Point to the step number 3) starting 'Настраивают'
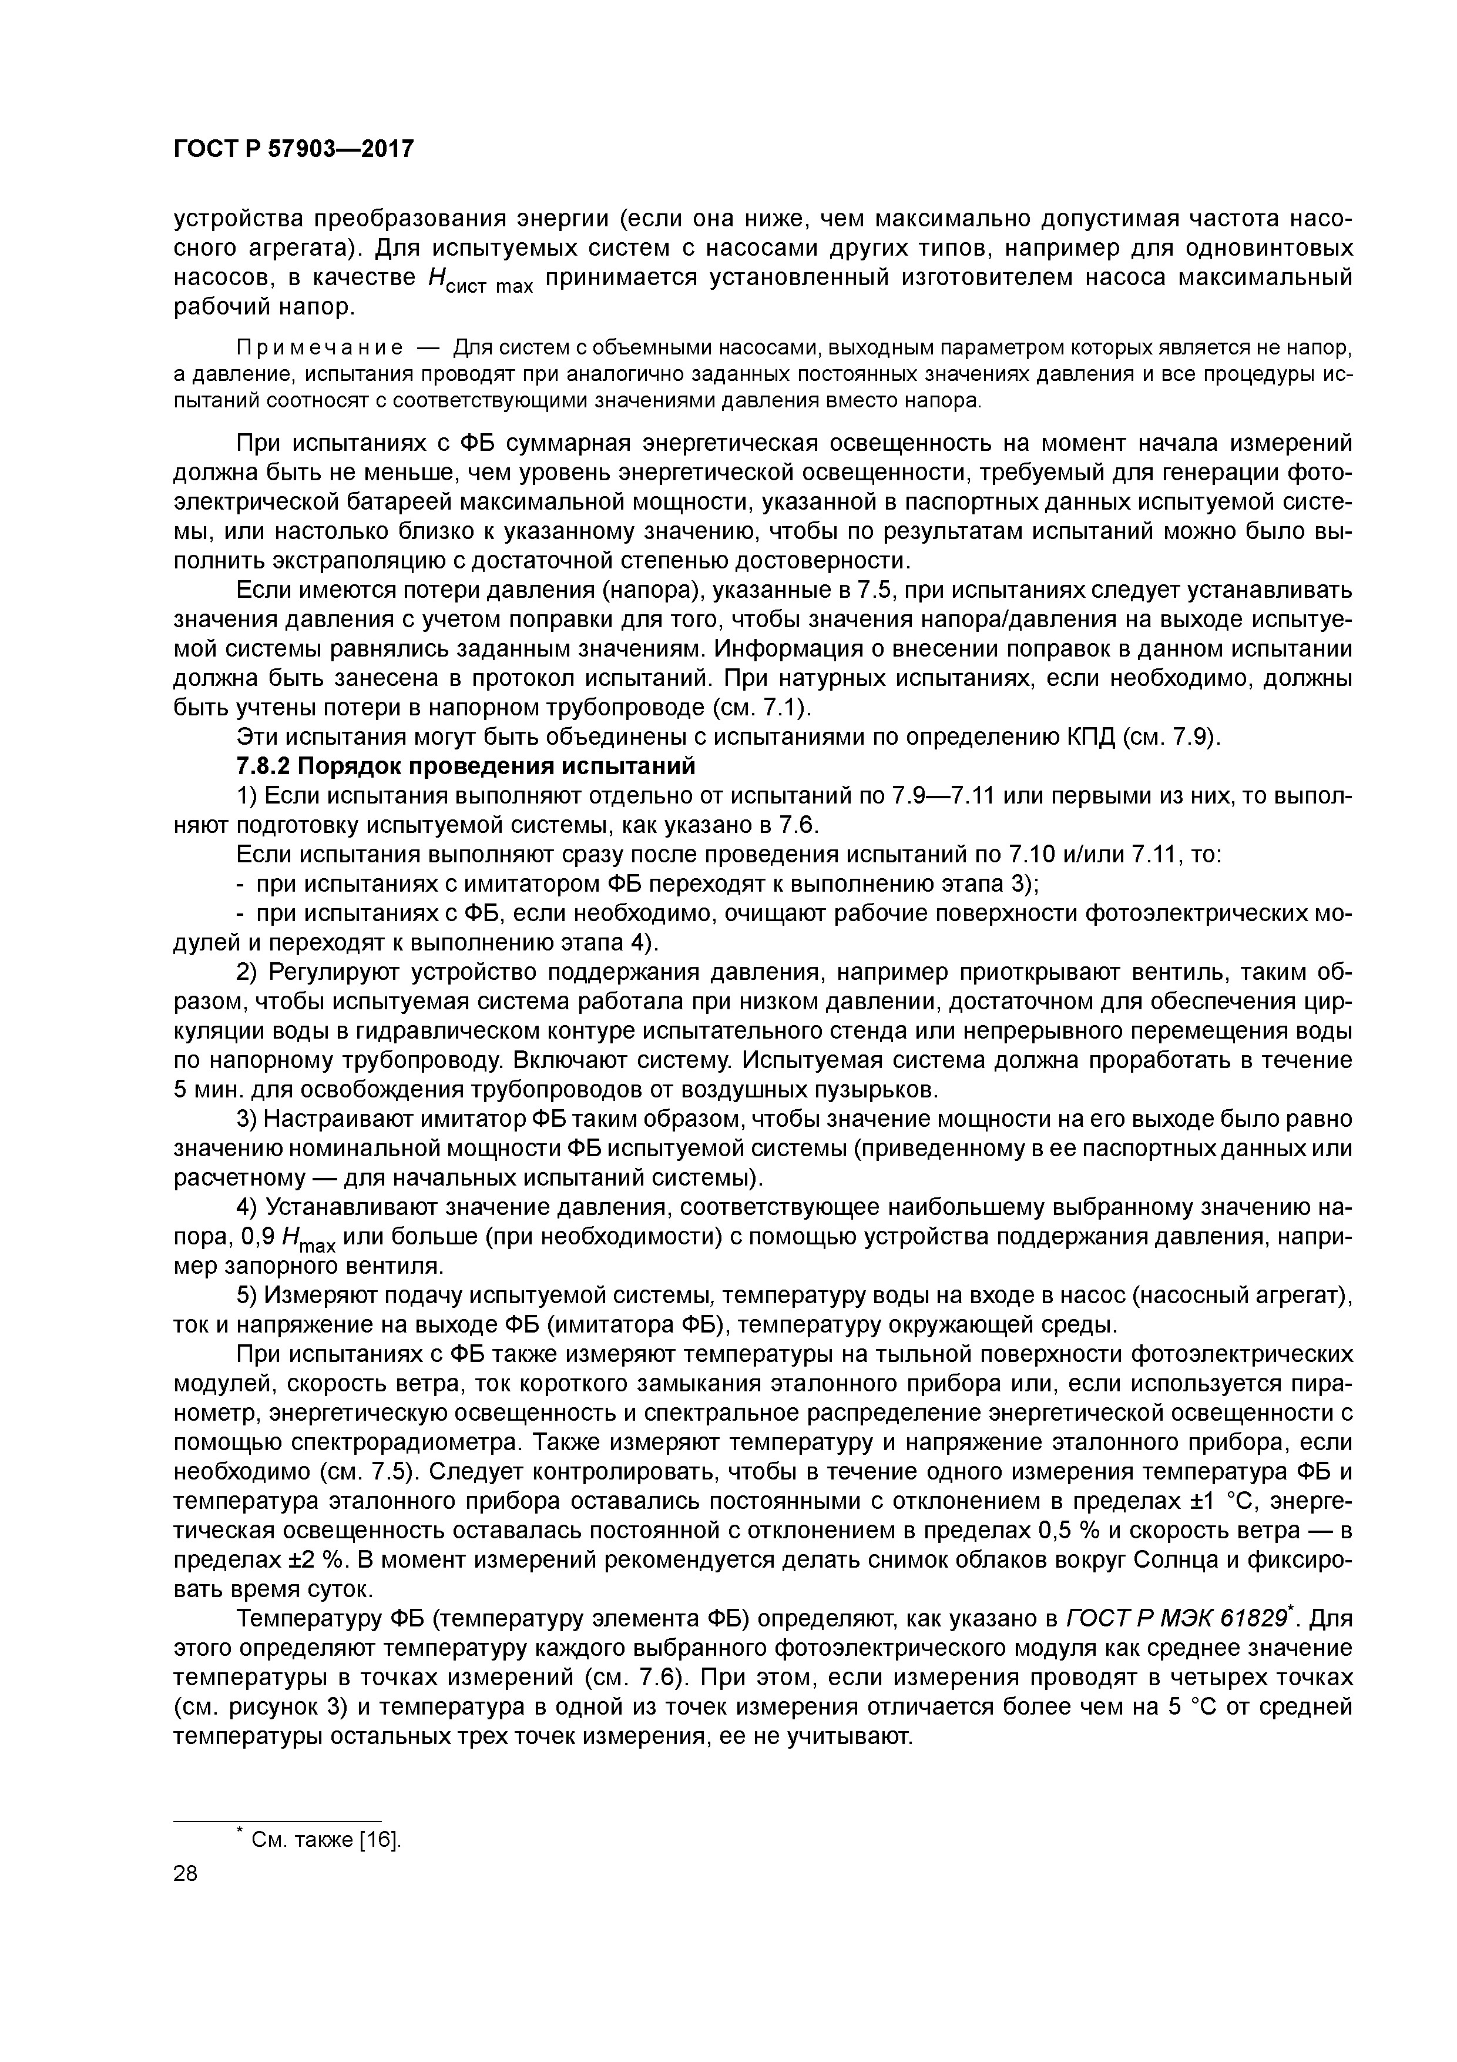(247, 1119)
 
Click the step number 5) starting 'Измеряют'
(247, 1295)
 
